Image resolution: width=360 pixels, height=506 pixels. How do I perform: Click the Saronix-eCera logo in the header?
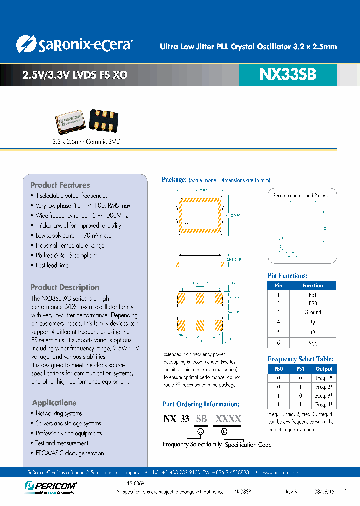coord(74,44)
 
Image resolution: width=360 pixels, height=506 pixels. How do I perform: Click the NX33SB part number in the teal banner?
coord(288,75)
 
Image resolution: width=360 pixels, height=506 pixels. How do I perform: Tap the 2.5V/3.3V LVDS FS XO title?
coord(75,75)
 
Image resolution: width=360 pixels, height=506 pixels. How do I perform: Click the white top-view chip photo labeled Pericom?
coord(71,122)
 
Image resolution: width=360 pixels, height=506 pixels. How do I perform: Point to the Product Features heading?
coord(60,185)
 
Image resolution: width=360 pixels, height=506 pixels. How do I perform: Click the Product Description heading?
coord(65,287)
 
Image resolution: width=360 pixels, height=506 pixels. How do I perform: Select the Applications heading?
coord(54,403)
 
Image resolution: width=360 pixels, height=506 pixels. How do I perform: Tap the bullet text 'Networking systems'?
coord(59,413)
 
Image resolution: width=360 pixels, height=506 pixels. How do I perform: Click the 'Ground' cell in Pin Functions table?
coord(312,312)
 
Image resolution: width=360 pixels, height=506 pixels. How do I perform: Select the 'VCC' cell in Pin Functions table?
coord(312,343)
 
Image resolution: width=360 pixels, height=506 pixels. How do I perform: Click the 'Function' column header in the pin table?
coord(312,285)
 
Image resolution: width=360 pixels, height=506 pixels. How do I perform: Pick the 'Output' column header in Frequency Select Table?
coord(324,369)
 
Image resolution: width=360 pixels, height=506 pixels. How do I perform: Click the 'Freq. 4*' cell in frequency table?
coord(324,404)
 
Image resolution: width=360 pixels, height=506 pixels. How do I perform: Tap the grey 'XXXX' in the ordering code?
coord(228,419)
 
